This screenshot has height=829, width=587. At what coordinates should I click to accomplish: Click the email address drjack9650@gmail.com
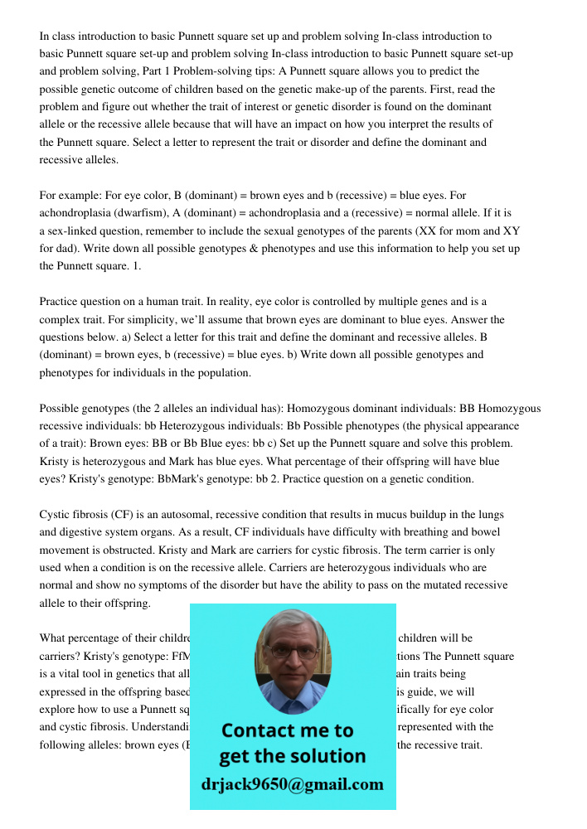pos(293,784)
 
